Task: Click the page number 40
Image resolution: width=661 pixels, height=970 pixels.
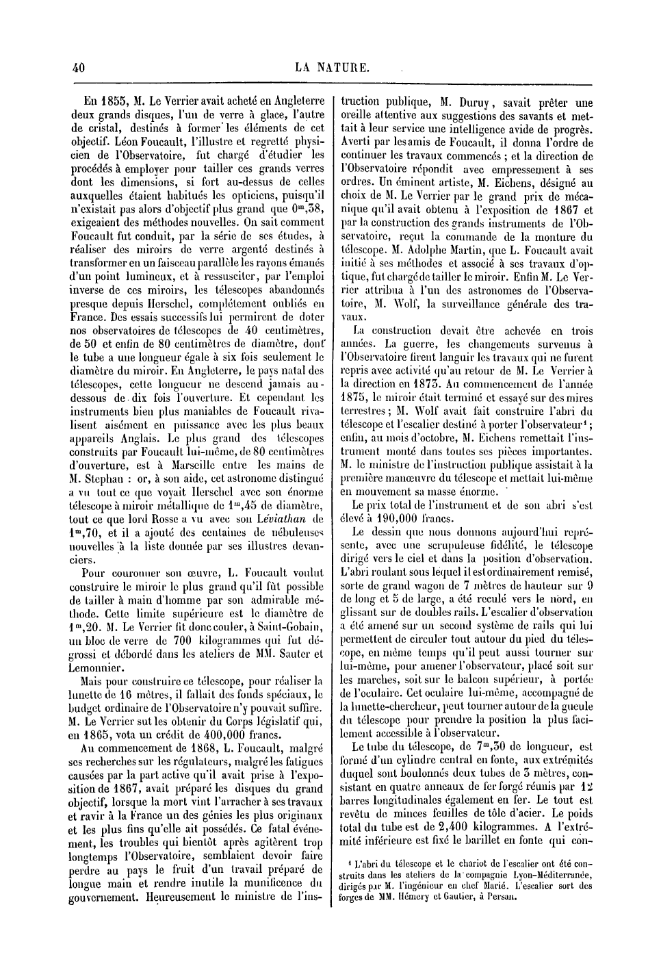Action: (x=77, y=67)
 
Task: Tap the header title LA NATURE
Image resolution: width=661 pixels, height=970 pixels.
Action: (x=333, y=67)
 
